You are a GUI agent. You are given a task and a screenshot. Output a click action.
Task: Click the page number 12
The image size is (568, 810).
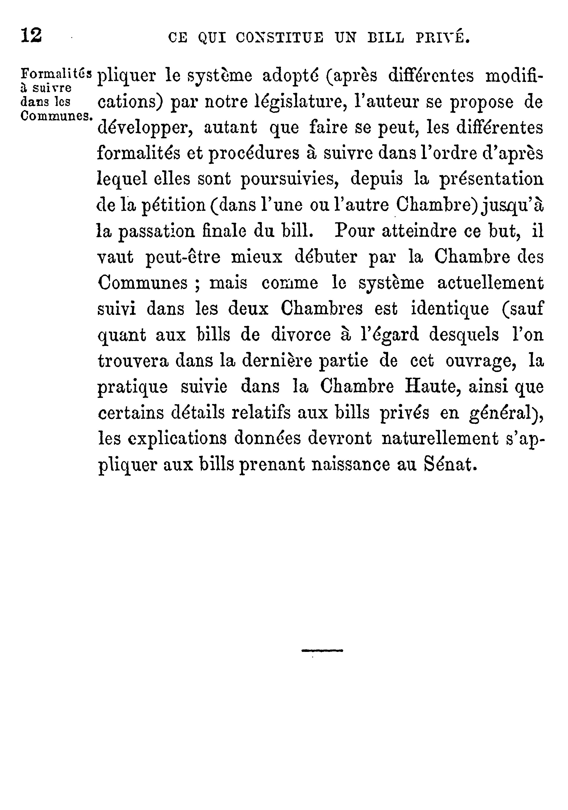31,36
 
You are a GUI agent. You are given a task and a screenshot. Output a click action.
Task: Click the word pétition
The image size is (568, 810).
173,205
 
